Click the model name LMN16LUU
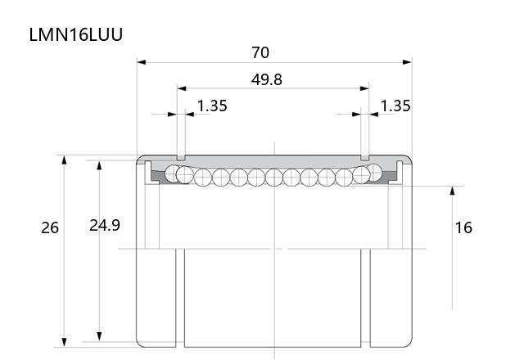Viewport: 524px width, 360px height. point(76,34)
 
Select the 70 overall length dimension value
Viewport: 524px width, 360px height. point(260,52)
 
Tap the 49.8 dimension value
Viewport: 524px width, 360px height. point(266,79)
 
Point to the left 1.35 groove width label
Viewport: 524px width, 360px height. point(212,106)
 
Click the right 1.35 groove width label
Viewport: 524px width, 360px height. point(395,106)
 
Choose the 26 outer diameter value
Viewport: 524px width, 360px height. point(50,227)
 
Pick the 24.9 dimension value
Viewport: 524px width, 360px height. point(105,226)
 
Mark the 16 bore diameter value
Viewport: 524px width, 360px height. point(463,227)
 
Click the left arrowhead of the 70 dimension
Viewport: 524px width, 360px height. point(142,62)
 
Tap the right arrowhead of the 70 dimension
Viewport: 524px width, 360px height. point(407,62)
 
